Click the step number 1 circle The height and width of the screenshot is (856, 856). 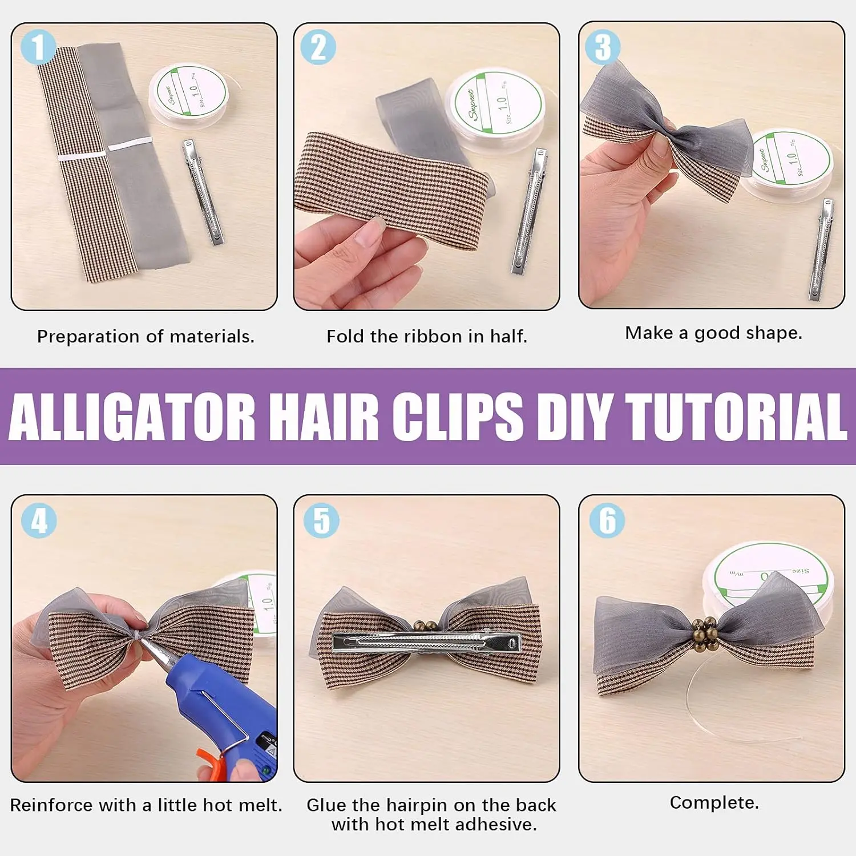(x=38, y=47)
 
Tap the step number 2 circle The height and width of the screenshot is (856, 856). (x=318, y=47)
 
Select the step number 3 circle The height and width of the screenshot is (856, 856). (x=603, y=47)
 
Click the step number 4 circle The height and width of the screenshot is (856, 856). (x=39, y=520)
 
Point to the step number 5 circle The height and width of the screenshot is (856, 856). (x=321, y=520)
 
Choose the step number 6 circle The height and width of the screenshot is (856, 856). (x=607, y=520)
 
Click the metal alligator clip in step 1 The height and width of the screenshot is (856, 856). (x=203, y=192)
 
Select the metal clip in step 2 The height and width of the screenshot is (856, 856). (x=530, y=211)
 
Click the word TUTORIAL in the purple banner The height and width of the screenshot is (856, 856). (x=736, y=417)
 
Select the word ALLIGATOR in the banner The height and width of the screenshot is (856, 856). (x=131, y=417)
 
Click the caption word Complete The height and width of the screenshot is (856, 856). (x=714, y=802)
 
